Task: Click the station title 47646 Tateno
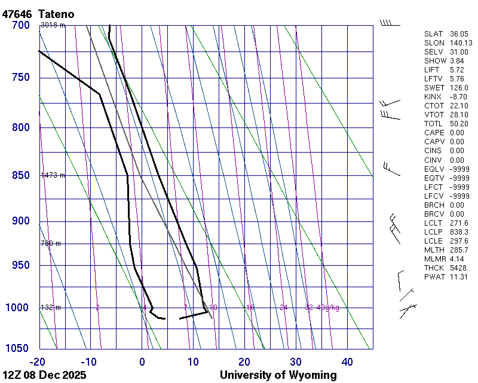coord(41,14)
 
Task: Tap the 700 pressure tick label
coord(20,25)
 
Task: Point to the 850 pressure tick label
coord(20,175)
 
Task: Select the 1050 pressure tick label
coord(17,349)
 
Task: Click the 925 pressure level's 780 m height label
coord(50,244)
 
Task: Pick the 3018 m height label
coord(53,25)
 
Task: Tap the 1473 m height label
coord(53,175)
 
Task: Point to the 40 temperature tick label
coord(347,361)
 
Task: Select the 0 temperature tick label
coord(142,361)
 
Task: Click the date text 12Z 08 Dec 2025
coord(44,375)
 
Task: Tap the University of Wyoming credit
coord(278,375)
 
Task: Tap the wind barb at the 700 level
coord(390,23)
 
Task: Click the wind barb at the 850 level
coord(391,169)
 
